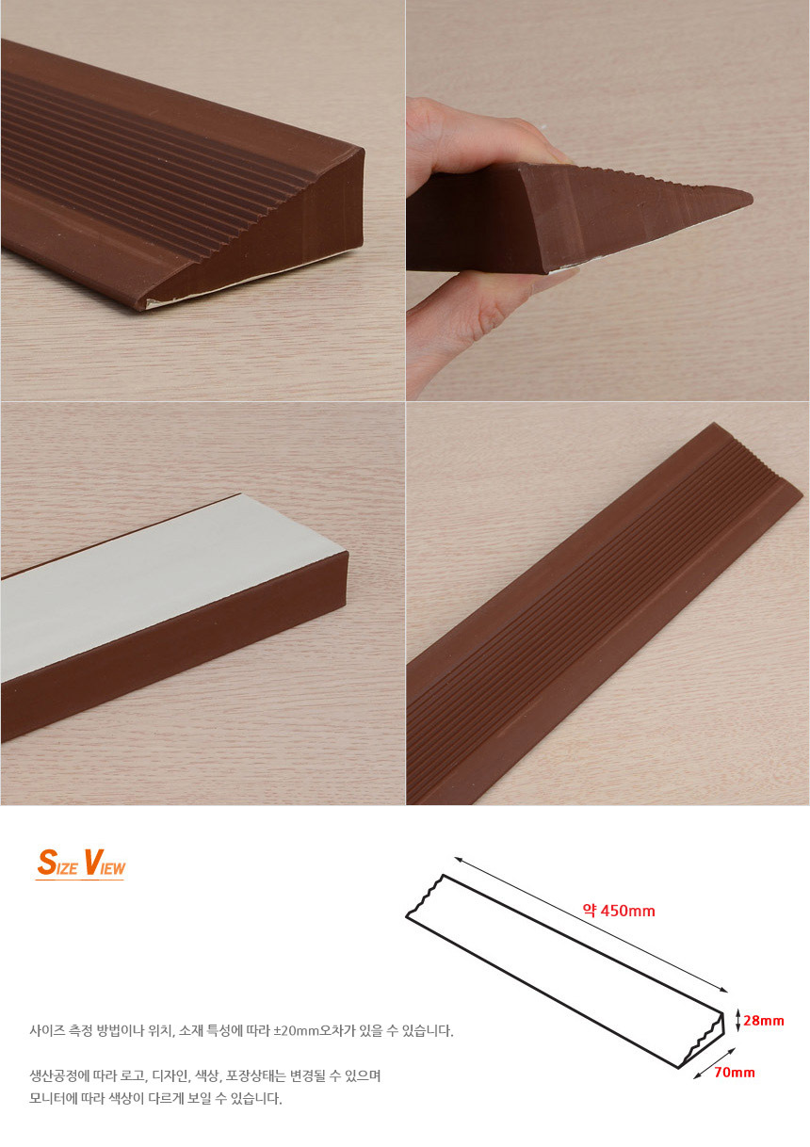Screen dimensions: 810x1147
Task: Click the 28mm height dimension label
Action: coord(764,1021)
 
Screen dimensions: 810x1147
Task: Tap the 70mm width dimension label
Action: coord(735,1073)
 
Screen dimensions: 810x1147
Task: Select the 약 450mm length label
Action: coord(619,911)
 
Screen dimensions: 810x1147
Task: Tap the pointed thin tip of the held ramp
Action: coord(751,196)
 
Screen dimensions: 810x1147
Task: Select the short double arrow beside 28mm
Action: coord(737,1021)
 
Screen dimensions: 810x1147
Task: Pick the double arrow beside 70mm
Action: coord(714,1063)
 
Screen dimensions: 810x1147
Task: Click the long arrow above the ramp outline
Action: coord(591,924)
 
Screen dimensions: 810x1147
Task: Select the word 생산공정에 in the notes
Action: coord(57,1075)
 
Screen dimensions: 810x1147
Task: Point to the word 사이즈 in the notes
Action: coord(45,1031)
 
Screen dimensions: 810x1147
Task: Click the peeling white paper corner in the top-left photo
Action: coord(154,302)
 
